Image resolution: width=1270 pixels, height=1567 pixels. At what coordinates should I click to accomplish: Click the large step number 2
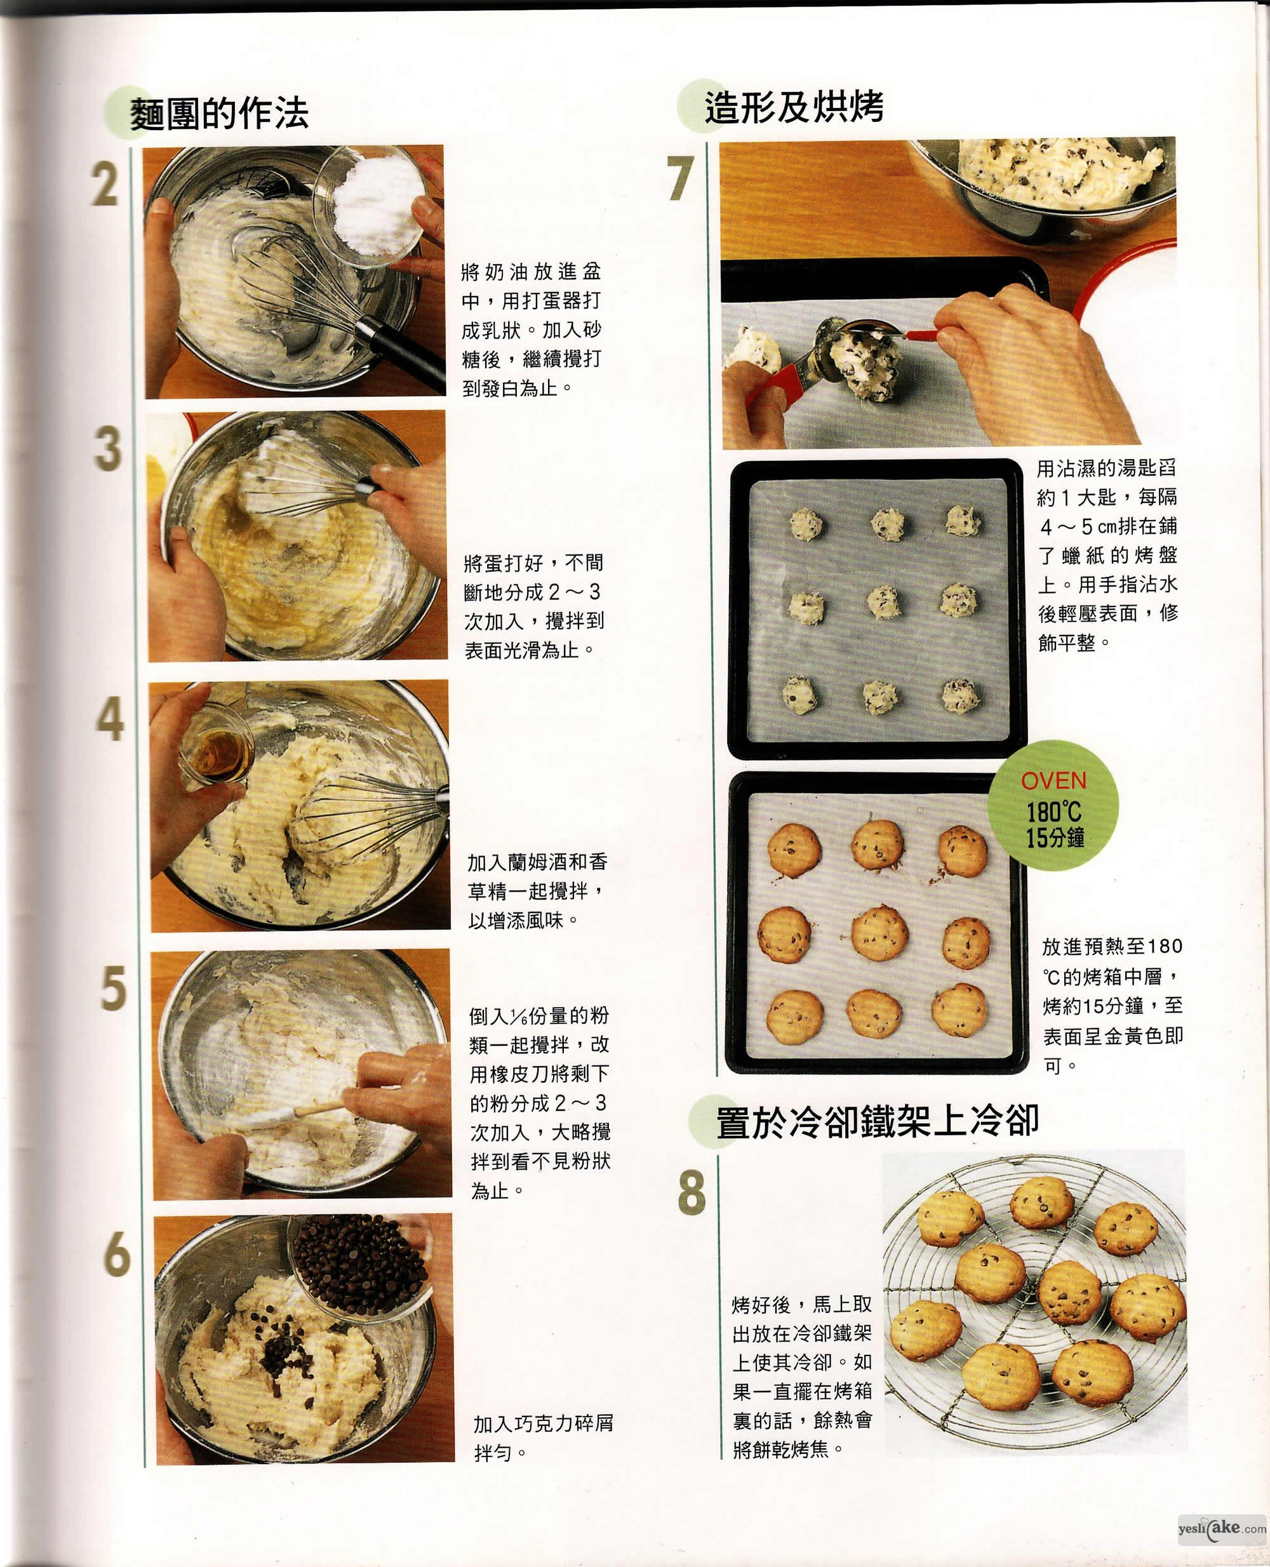point(105,185)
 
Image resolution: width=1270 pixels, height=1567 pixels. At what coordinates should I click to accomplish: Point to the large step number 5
point(114,989)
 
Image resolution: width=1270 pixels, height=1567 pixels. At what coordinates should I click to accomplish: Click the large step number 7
point(679,178)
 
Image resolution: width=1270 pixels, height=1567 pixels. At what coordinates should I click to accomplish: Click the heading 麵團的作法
point(220,114)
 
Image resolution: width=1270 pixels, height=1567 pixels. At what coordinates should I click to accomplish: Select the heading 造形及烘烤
point(794,107)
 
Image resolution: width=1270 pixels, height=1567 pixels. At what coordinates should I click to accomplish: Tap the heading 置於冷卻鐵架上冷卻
point(877,1121)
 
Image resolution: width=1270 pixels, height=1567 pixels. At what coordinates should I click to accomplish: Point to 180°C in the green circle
point(1053,811)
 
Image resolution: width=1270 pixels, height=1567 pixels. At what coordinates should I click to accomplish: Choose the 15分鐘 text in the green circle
point(1054,837)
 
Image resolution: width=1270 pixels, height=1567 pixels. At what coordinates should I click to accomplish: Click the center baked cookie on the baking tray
point(880,933)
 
